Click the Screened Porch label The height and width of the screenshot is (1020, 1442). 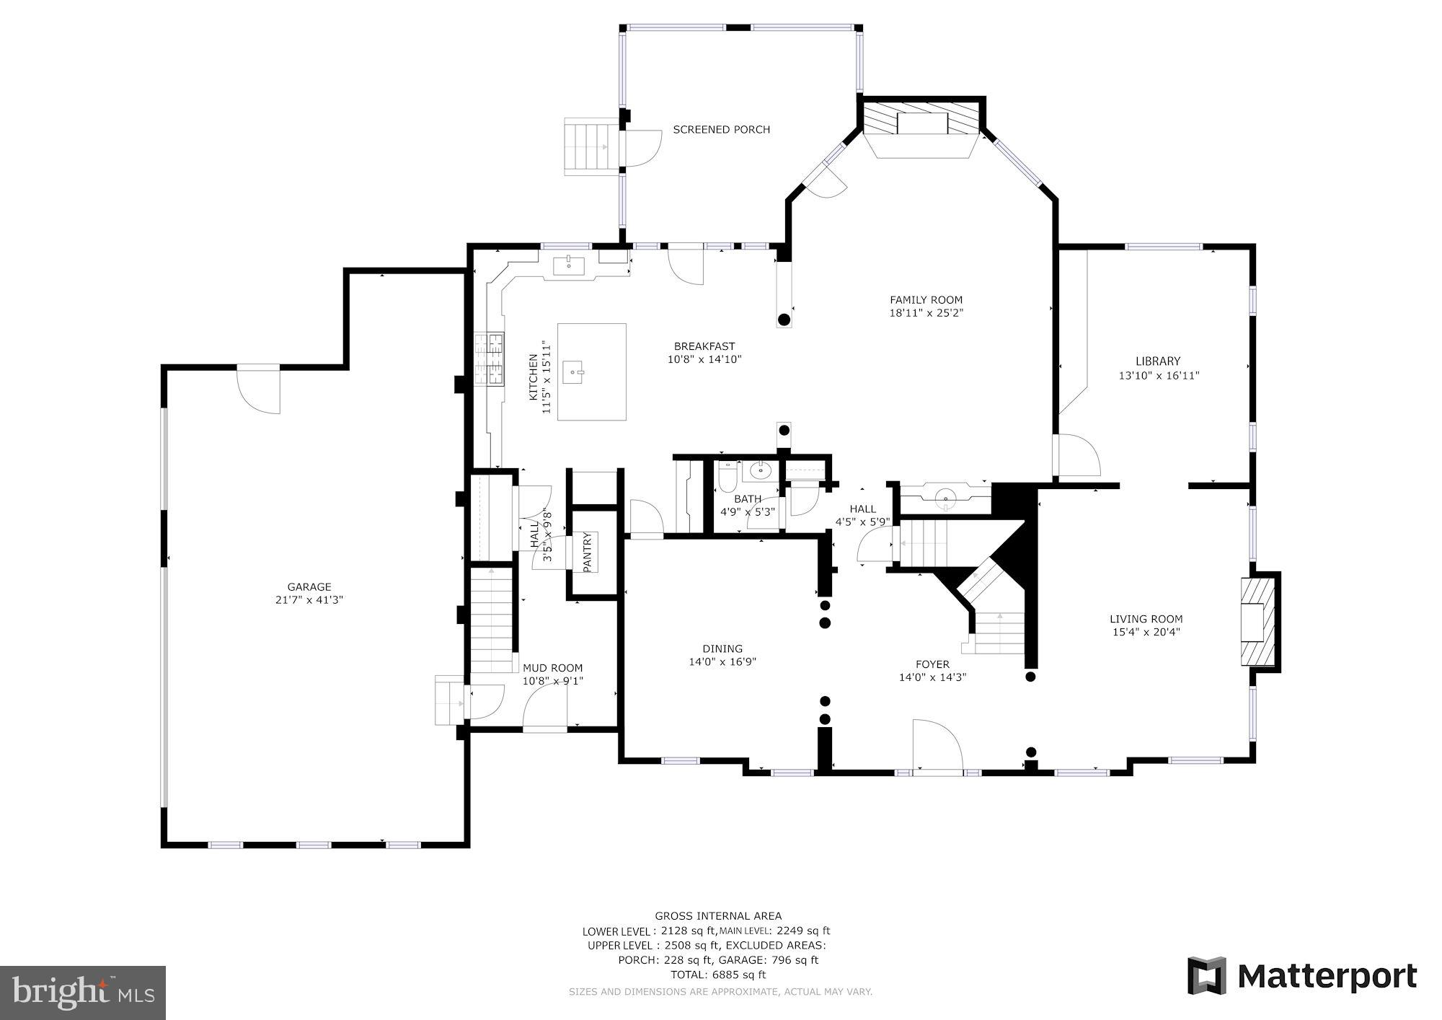click(x=721, y=130)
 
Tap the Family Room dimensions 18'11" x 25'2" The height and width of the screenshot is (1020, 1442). click(x=926, y=313)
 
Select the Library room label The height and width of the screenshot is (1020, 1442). click(x=1158, y=361)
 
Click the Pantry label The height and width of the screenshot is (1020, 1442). click(x=586, y=552)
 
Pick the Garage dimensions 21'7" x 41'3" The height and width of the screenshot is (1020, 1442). click(x=309, y=599)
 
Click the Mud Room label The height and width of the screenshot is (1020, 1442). click(x=552, y=668)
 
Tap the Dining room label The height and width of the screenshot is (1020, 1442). click(x=722, y=649)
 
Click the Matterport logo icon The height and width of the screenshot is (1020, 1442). click(x=1207, y=976)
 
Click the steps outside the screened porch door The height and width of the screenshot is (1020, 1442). click(x=589, y=148)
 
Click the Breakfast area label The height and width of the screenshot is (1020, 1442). click(x=704, y=346)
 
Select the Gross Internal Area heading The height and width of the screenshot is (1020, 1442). click(x=717, y=916)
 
